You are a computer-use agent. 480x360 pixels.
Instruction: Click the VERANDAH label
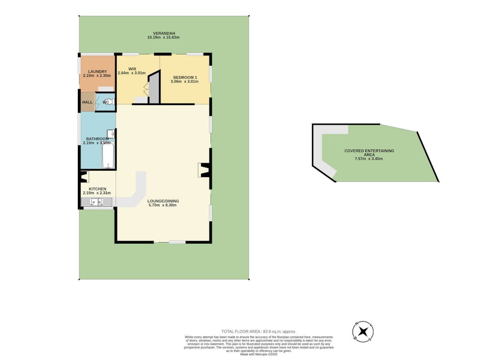164,33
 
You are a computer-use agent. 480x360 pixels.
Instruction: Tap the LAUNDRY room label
97,71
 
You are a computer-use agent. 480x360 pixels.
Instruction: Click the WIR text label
132,69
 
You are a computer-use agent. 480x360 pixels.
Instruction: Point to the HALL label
87,102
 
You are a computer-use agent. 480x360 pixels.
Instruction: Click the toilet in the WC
108,102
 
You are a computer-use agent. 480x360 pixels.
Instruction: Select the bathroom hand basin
111,134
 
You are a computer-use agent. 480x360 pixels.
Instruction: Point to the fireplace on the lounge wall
203,170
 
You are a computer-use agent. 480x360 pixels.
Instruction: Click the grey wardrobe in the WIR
154,88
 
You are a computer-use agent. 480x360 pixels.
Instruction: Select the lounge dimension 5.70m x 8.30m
164,205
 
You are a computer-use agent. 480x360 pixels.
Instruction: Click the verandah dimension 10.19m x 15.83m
164,38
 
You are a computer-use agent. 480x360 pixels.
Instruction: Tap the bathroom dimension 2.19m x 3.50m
97,143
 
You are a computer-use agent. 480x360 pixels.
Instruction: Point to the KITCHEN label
97,189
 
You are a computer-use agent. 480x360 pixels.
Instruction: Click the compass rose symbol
363,332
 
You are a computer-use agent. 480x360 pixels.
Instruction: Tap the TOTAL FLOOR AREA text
259,331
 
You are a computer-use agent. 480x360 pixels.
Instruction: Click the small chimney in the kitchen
84,177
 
